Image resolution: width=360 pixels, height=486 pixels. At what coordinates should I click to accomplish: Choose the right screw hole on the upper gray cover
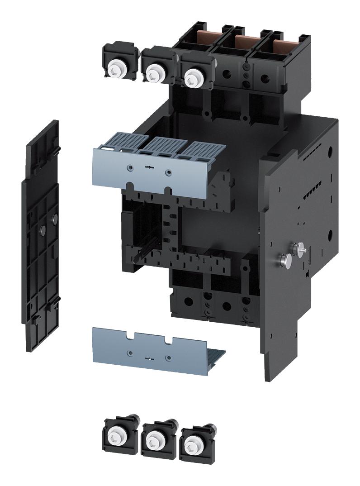pos(169,172)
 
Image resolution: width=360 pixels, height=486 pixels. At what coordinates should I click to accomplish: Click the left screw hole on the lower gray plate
pos(130,352)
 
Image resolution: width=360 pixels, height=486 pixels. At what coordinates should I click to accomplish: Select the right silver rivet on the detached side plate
pos(55,219)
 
